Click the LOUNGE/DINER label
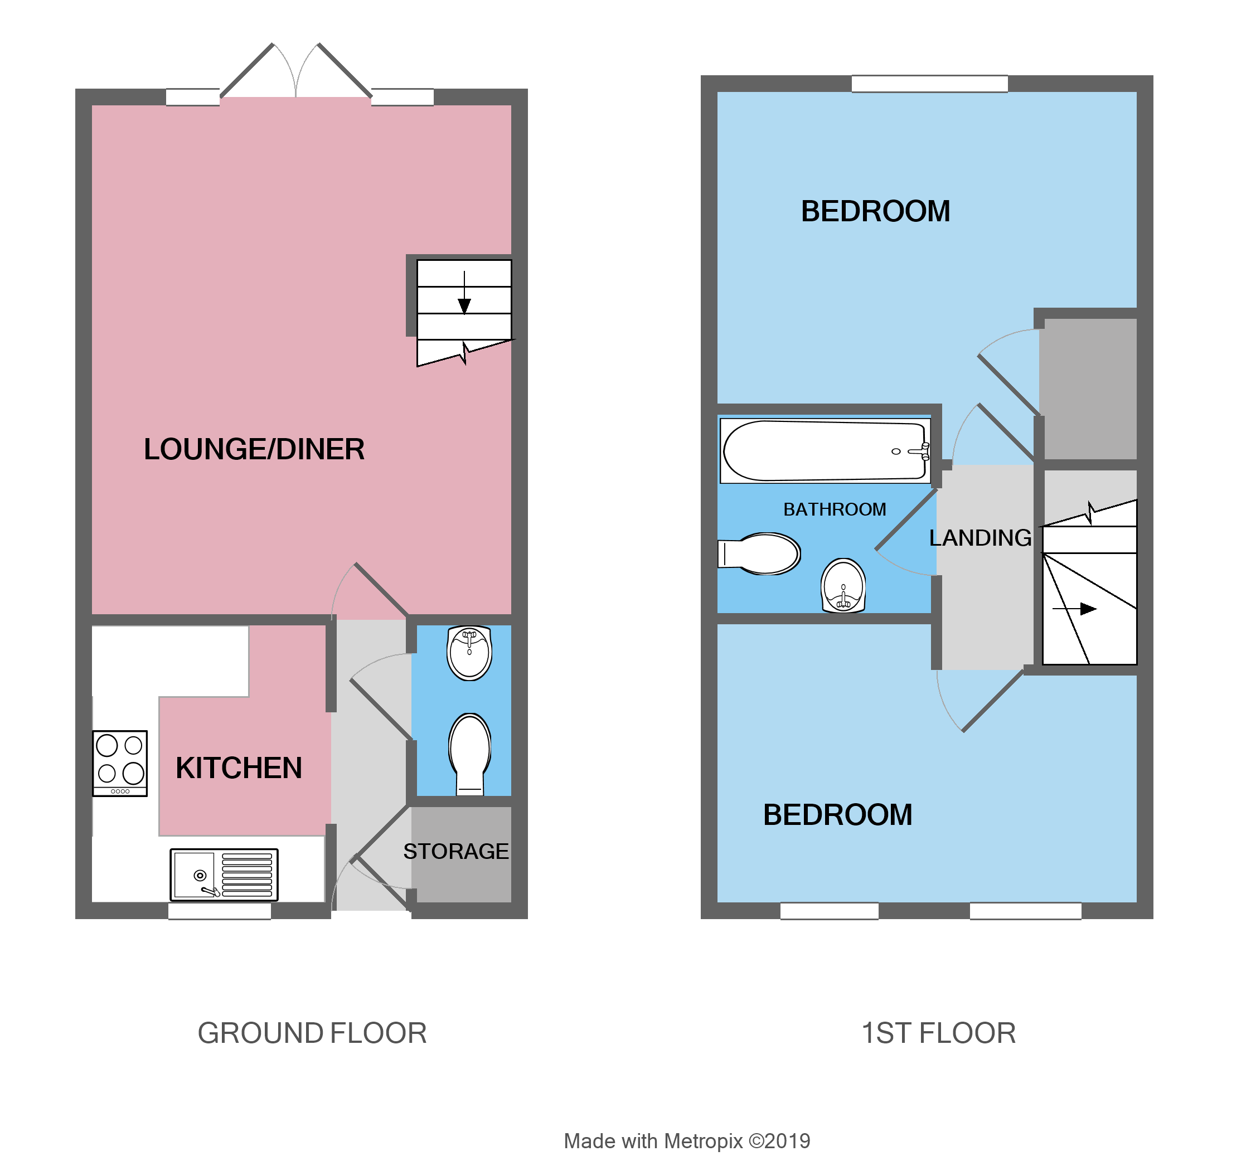[254, 449]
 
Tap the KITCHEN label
[239, 768]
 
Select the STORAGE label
[456, 851]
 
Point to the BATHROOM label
[835, 509]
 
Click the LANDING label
[980, 538]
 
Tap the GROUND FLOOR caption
[312, 1033]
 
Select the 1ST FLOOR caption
[938, 1033]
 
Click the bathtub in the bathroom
[825, 451]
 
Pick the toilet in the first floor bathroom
[760, 553]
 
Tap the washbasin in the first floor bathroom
[843, 585]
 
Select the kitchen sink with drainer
[224, 875]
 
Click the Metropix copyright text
[687, 1141]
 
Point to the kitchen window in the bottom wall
[220, 911]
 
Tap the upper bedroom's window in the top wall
[929, 83]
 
